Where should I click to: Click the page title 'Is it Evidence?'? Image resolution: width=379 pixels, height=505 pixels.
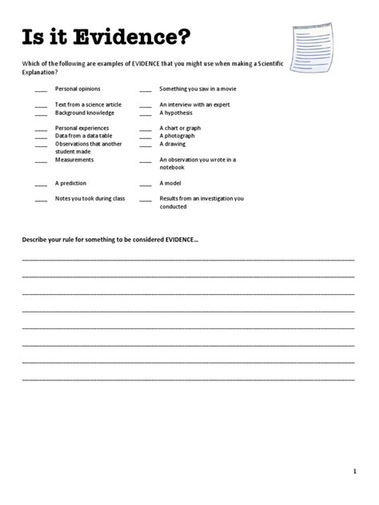[106, 37]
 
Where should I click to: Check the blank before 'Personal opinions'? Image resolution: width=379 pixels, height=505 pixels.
[41, 89]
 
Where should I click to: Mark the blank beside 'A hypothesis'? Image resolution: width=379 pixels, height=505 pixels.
[146, 113]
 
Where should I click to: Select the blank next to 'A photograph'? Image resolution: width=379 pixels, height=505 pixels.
[146, 137]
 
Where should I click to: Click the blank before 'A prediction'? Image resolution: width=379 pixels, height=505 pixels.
[41, 184]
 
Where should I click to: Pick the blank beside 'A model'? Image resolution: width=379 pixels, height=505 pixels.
[146, 184]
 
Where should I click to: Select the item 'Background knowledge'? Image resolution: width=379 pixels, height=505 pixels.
[85, 113]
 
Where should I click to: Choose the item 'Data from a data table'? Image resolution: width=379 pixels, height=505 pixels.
[86, 136]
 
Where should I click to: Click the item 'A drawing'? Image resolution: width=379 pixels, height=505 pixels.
[174, 144]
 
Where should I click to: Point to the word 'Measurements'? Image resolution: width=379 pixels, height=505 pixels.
[74, 159]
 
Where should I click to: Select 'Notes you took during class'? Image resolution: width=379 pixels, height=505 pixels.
[90, 198]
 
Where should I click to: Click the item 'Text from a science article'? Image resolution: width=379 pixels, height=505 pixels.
[88, 105]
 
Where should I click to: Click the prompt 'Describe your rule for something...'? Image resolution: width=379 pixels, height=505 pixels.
[109, 241]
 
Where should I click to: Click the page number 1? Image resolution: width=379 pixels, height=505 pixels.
[354, 472]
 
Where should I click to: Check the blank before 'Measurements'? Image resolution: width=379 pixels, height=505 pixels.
[41, 161]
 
